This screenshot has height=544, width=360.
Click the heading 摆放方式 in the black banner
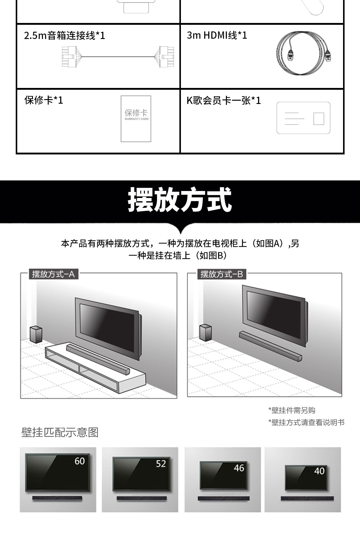click(180, 200)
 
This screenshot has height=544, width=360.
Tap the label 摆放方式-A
click(53, 274)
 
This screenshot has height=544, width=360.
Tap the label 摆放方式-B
click(222, 274)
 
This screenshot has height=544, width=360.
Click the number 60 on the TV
click(80, 461)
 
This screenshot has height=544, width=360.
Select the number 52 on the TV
click(161, 464)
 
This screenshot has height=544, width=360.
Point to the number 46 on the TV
click(239, 468)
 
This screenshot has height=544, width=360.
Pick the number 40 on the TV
click(319, 471)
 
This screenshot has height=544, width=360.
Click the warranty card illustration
click(136, 119)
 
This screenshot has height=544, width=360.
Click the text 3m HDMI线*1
click(217, 35)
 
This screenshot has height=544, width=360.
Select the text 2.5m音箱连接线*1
click(64, 36)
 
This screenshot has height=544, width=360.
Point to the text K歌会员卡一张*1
click(224, 100)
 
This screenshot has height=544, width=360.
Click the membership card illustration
click(303, 118)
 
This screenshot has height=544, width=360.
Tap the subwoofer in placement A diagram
click(36, 334)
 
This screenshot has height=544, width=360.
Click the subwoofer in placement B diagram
click(205, 332)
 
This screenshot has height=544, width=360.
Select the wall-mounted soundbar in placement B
click(270, 346)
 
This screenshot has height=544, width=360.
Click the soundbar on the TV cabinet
click(98, 359)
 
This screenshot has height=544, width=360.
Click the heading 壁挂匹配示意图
click(60, 432)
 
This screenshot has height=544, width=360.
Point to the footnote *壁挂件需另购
click(292, 410)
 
